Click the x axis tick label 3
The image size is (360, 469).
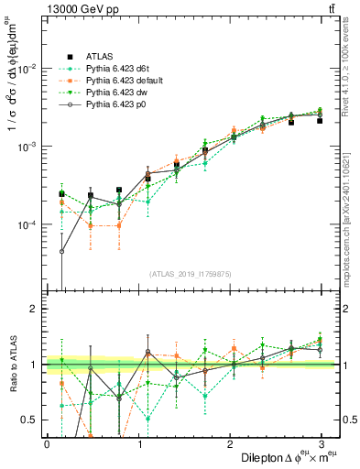point(321,443)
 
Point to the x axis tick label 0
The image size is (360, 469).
point(47,443)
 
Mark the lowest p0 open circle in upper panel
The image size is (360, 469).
point(61,251)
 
